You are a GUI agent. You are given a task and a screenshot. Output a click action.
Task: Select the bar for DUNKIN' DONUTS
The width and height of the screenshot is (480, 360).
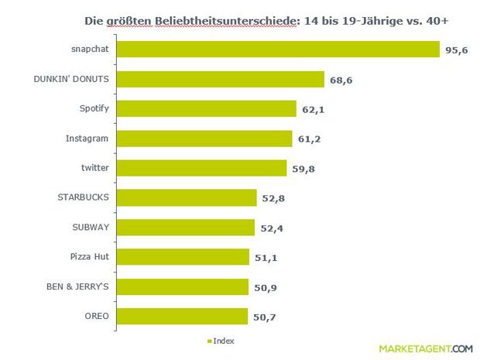pos(223,80)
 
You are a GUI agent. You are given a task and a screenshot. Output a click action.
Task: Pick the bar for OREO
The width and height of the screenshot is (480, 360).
pos(184,316)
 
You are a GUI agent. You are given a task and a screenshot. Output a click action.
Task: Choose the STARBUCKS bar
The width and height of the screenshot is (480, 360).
pos(189,197)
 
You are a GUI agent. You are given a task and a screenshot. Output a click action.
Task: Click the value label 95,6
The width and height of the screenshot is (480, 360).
pos(456,51)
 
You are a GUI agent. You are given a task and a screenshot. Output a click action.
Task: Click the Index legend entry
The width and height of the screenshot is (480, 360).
pos(221,341)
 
